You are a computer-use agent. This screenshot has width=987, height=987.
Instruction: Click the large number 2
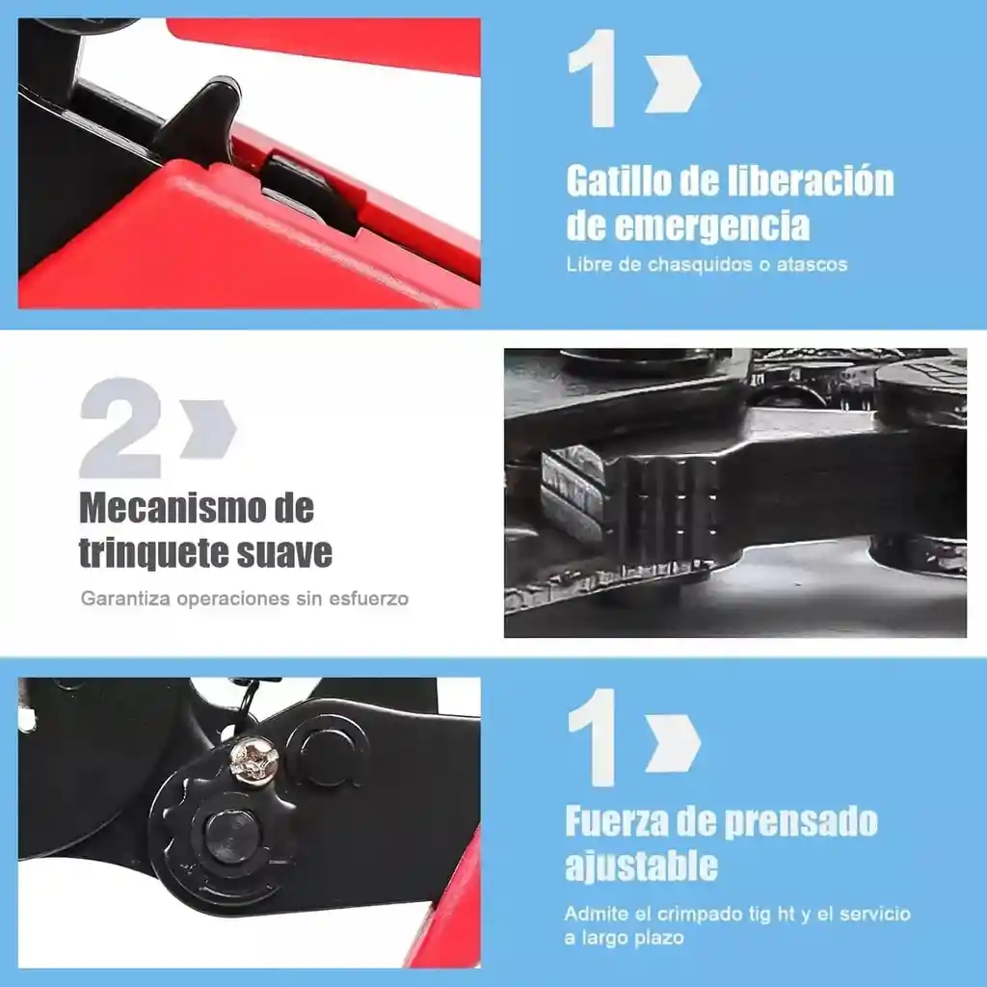[120, 428]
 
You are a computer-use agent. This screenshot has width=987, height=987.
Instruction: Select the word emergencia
[712, 227]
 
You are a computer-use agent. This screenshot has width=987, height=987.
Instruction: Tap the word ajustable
[641, 867]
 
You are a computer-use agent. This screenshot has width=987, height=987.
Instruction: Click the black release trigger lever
[200, 120]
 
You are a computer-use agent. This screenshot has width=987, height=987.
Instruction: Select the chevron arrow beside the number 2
[208, 428]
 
